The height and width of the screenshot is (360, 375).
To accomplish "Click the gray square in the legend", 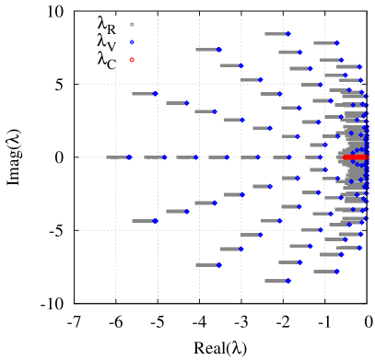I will (132, 25).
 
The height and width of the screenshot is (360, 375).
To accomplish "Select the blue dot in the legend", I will (132, 42).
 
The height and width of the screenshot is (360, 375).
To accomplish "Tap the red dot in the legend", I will (132, 60).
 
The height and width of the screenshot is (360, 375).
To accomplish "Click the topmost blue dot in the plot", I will (287, 34).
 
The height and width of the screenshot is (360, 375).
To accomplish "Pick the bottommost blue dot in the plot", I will (287, 280).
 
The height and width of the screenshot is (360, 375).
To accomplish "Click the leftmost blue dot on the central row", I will (129, 157).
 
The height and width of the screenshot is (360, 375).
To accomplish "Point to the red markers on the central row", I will (355, 157).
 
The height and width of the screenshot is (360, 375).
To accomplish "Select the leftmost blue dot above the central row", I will (155, 94).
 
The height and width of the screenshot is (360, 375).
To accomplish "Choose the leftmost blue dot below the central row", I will (155, 221).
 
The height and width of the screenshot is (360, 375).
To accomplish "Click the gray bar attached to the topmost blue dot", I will (275, 34).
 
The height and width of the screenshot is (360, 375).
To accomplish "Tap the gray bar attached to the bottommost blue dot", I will (275, 280).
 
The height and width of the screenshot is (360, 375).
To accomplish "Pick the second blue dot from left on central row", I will (165, 157).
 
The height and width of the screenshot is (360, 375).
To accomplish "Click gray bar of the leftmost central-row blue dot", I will (117, 157).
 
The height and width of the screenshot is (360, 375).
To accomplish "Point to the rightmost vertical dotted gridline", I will (325, 276).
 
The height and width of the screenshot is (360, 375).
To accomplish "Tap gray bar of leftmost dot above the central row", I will (143, 94).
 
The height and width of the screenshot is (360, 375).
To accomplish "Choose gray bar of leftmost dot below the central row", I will (143, 221).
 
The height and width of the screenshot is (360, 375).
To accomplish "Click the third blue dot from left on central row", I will (196, 157).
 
